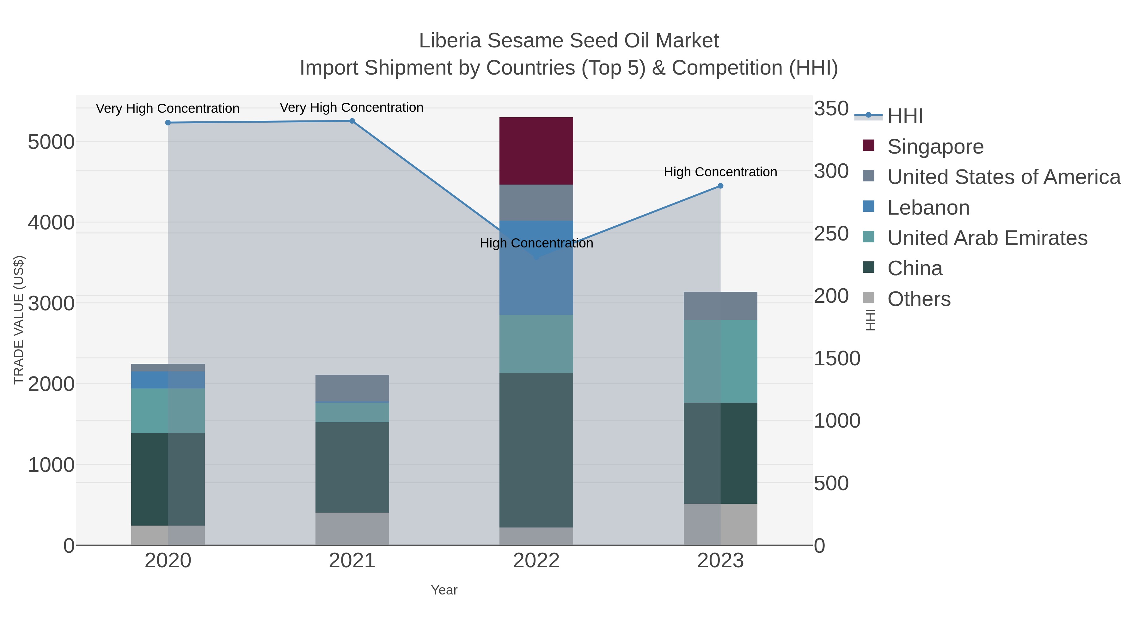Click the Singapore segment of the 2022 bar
tap(536, 151)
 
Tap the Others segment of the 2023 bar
tap(720, 524)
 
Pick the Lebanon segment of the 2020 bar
tap(168, 380)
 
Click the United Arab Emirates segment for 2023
tap(720, 361)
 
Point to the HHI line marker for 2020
tap(168, 123)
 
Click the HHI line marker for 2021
tap(352, 121)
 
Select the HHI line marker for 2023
tap(720, 186)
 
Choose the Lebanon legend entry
tap(928, 208)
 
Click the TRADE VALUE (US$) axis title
tap(19, 320)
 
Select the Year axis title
tap(444, 590)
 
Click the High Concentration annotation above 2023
tap(720, 172)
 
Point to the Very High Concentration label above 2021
tap(352, 107)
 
